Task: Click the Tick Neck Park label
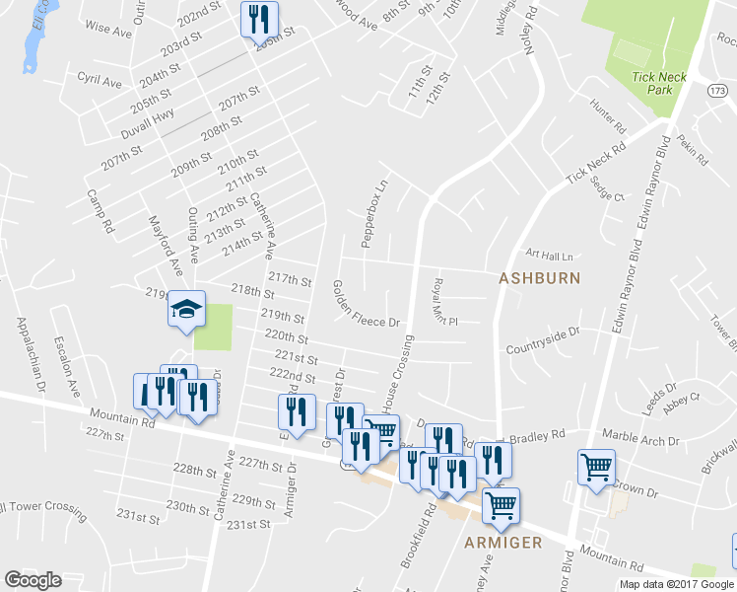[x=652, y=83]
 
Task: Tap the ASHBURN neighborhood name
[x=539, y=278]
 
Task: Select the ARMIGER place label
[x=504, y=543]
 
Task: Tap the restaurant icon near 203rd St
[x=259, y=19]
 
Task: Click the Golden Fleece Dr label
[x=365, y=303]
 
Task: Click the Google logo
[x=33, y=580]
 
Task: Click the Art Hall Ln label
[x=549, y=255]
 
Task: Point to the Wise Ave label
[x=108, y=31]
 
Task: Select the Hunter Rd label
[x=608, y=115]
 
